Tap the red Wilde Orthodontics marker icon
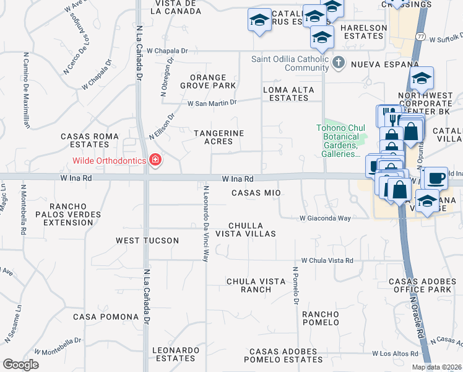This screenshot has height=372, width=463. click(155, 161)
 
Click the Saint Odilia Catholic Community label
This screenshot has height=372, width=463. click(289, 60)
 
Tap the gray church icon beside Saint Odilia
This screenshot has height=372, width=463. click(338, 62)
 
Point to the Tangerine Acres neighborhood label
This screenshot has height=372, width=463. click(219, 137)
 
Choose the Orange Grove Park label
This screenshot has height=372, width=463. click(209, 80)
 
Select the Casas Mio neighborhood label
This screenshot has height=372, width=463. click(256, 193)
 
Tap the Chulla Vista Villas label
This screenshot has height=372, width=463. click(245, 229)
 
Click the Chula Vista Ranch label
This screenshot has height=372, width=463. click(248, 285)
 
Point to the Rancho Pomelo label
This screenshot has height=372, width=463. click(321, 319)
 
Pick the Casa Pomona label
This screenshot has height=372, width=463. click(106, 317)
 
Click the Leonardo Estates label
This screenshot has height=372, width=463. click(174, 354)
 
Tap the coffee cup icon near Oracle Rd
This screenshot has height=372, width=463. click(435, 178)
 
